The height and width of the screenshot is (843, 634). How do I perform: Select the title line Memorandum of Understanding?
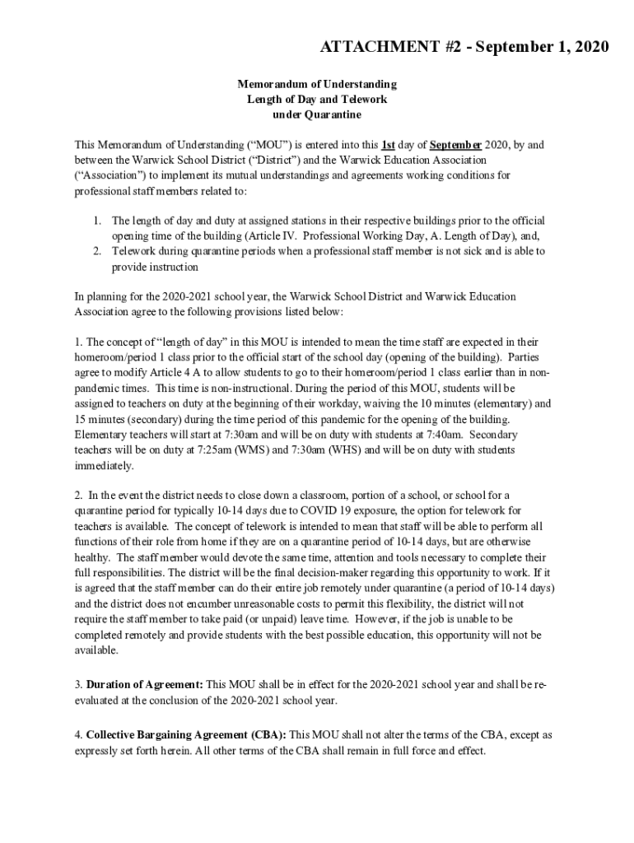point(317,84)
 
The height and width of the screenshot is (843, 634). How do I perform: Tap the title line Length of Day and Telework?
point(317,99)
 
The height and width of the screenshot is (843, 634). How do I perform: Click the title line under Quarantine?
point(317,114)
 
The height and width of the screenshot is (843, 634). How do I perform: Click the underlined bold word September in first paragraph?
point(455,145)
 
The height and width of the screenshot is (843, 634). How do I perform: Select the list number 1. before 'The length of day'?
point(96,221)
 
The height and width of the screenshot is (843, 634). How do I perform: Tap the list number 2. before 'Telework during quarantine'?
point(96,251)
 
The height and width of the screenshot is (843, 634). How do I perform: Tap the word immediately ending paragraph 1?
point(104,465)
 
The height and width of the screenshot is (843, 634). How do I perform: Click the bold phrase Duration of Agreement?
point(144,684)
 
